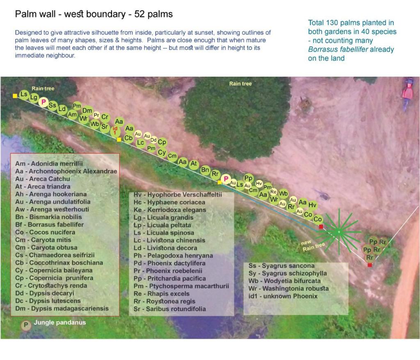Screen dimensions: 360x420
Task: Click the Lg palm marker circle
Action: (x=34, y=97)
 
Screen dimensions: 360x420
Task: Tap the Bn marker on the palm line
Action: (x=205, y=169)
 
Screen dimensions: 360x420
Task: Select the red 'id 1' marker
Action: (x=115, y=130)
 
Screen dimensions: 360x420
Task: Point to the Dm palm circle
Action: (x=87, y=110)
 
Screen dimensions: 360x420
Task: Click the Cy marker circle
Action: (x=162, y=152)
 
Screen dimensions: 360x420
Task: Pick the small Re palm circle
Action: (x=274, y=191)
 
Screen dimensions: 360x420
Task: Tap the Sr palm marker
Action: (x=105, y=127)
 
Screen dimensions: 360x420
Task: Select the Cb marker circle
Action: (x=128, y=138)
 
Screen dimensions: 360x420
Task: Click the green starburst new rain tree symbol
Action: (x=339, y=232)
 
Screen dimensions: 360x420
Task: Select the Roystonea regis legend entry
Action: (x=167, y=301)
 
